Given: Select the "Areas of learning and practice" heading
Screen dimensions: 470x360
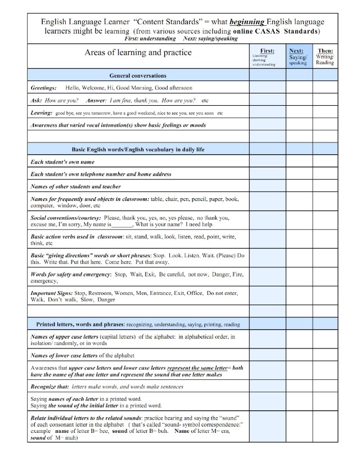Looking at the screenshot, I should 138,52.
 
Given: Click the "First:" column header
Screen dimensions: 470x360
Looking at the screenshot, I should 267,51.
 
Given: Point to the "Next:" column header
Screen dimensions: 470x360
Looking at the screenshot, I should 298,51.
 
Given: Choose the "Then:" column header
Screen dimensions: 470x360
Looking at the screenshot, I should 325,51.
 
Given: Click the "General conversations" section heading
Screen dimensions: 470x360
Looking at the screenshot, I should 138,75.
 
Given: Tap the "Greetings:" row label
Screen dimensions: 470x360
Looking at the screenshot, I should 43,88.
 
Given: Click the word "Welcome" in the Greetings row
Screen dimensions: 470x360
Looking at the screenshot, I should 97,88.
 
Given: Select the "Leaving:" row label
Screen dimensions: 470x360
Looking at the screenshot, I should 42,113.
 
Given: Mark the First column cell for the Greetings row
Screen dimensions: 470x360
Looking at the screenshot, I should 267,88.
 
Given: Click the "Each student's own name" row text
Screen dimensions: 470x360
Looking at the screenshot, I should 62,162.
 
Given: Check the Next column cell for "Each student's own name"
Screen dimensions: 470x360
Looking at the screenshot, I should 299,162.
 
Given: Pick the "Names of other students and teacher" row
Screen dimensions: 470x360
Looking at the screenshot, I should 75,186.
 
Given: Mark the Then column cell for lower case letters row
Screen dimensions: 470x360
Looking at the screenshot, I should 325,356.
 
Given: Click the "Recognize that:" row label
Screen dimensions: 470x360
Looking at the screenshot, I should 49,387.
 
